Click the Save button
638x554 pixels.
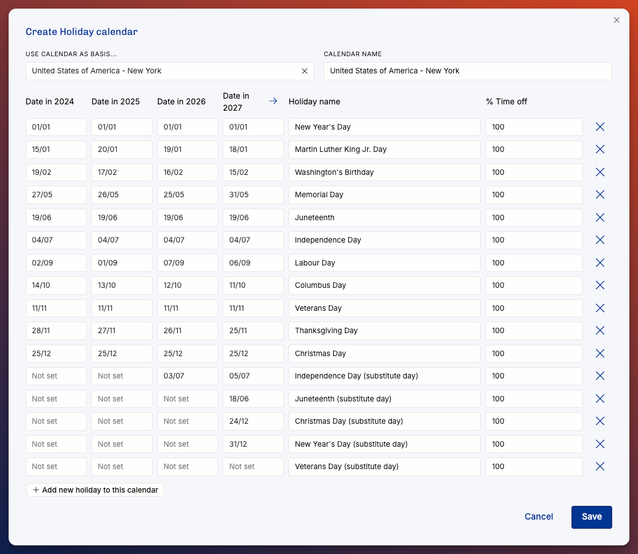click(x=591, y=517)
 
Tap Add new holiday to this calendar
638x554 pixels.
click(x=95, y=490)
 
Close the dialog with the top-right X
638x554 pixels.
click(x=616, y=20)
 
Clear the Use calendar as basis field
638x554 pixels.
click(x=304, y=71)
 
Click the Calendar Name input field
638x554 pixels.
click(x=468, y=71)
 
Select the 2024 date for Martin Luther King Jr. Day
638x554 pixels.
click(x=56, y=150)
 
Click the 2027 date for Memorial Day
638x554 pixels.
click(x=253, y=195)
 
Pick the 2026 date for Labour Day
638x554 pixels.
click(x=188, y=263)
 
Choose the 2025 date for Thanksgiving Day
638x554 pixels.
click(x=122, y=331)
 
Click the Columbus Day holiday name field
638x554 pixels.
click(x=384, y=286)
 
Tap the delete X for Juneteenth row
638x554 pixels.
click(x=600, y=217)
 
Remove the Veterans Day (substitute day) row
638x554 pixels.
click(x=600, y=467)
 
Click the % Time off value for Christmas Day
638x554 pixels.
click(x=534, y=353)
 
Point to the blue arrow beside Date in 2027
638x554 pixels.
click(x=273, y=101)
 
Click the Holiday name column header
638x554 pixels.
click(x=314, y=102)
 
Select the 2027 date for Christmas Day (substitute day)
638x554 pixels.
click(x=253, y=422)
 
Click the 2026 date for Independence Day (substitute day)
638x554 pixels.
click(x=188, y=376)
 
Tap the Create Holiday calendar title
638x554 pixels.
click(x=82, y=32)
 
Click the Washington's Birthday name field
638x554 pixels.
click(x=384, y=173)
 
